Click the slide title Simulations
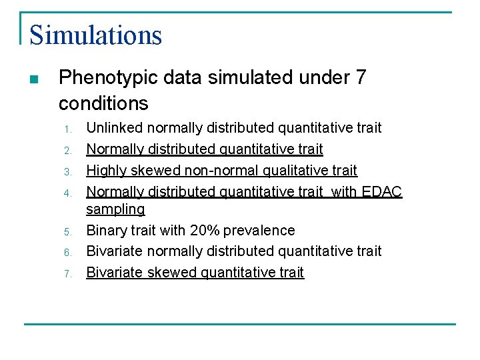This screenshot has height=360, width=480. [95, 35]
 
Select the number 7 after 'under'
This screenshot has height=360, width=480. [361, 78]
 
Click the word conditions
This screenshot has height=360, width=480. [103, 103]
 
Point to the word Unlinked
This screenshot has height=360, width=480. [115, 127]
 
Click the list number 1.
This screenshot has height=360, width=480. [67, 129]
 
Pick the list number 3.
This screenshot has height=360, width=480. [67, 171]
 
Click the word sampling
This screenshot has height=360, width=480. [115, 209]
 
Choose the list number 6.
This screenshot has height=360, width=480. [67, 252]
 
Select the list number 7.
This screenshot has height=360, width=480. [67, 273]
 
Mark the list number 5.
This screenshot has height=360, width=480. [67, 231]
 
